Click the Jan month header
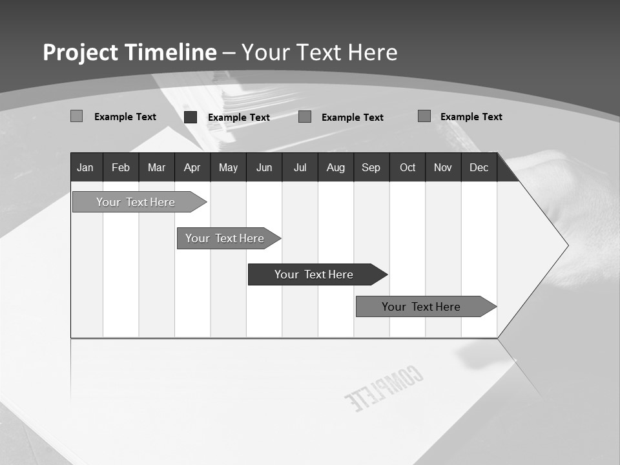pos(85,167)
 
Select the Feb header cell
pos(121,167)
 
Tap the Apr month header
pos(192,167)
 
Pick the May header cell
pos(228,167)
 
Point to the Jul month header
pos(300,167)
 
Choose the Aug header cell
pos(335,167)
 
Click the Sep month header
pos(371,167)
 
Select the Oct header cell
pos(408,167)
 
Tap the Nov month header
pos(442,167)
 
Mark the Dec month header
pos(479,167)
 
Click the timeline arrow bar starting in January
pos(136,202)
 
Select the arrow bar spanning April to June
pos(225,238)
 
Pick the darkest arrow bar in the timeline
pos(314,274)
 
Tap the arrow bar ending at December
pos(421,307)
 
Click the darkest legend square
pos(191,117)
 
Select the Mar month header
pos(156,167)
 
